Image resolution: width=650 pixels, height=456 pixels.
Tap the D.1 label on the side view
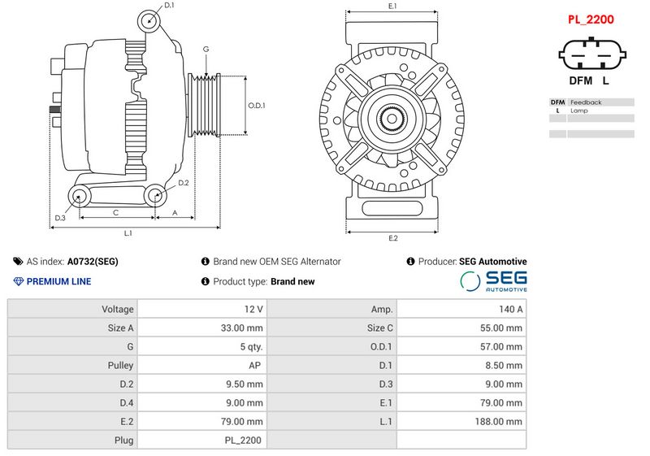pos(169,6)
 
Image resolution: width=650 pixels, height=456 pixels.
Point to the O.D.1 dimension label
pos(257,105)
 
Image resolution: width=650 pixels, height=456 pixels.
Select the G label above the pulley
pos(206,50)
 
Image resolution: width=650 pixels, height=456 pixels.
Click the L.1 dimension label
pos(128,233)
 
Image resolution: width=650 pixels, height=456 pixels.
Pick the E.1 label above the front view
pos(392,7)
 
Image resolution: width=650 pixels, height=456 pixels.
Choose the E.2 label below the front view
pos(392,237)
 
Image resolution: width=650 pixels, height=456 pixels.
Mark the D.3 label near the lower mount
pos(60,218)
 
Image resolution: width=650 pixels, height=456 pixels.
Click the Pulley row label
pos(120,365)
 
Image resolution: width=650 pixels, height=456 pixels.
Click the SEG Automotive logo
pos(494,280)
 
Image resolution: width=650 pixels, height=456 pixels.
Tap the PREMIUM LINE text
pos(58,281)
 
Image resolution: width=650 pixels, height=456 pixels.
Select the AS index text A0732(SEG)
pos(93,262)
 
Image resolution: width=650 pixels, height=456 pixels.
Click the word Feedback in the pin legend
pos(586,102)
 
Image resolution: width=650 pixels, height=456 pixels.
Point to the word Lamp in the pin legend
pos(578,111)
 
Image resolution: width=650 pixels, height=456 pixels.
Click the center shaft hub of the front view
pos(392,120)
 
